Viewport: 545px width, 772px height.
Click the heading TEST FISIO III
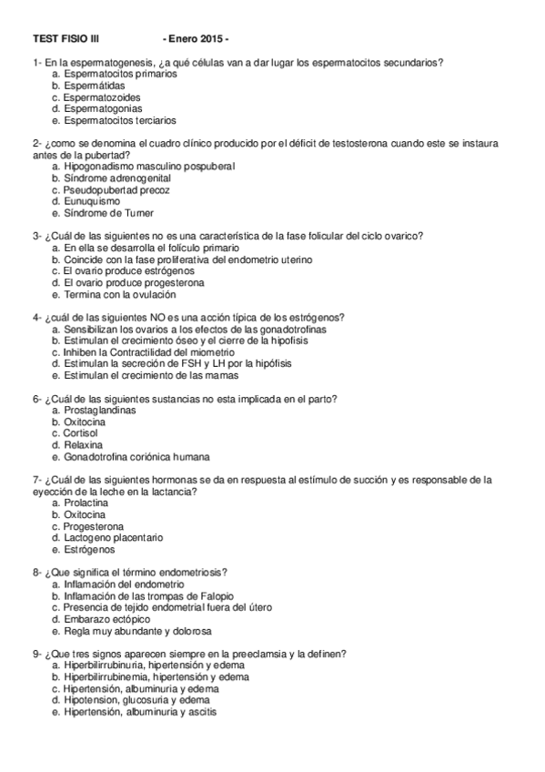[66, 39]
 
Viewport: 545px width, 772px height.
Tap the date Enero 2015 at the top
[195, 39]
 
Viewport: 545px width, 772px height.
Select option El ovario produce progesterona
[134, 282]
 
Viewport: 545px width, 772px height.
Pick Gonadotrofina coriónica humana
[136, 457]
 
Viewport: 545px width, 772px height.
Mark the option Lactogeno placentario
[113, 537]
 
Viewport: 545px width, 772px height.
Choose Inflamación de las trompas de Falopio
[149, 595]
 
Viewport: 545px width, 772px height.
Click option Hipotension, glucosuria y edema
[136, 700]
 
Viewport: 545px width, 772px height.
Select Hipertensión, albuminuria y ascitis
[139, 712]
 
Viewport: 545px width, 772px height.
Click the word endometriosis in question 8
[195, 572]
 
